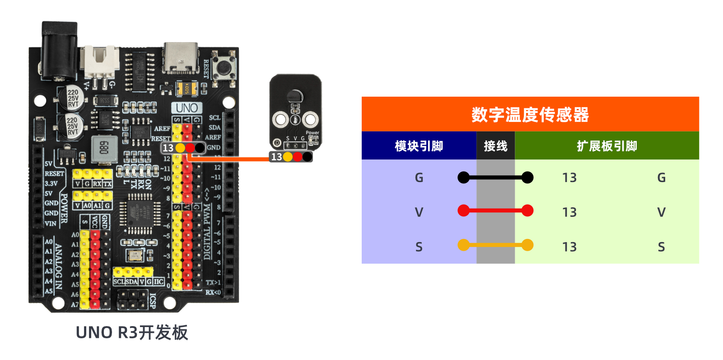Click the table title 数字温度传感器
coord(530,115)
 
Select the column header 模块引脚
coord(419,146)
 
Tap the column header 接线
coord(495,146)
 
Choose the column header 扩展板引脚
coord(606,146)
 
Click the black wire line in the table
coord(495,178)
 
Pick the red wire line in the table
coord(495,210)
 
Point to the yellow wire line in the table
coord(495,245)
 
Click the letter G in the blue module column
coord(419,178)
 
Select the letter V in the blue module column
coord(419,212)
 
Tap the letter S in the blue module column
coord(419,247)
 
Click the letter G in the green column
coord(661,178)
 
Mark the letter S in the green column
coord(661,247)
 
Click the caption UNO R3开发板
coord(131,332)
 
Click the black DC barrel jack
coord(59,50)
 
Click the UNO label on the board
coord(187,108)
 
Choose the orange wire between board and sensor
coord(230,159)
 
